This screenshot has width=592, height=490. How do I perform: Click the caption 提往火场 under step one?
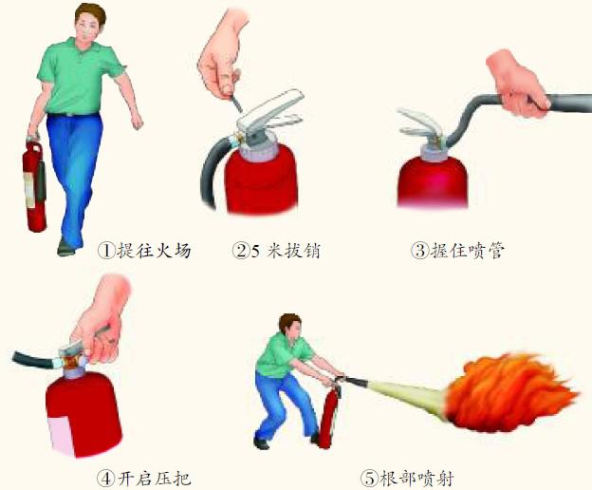(154, 250)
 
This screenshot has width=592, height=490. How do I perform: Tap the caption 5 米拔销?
(286, 251)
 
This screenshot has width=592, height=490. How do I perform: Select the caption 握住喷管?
(468, 250)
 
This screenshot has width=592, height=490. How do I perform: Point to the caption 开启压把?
(154, 479)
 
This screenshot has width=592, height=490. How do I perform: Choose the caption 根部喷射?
(416, 479)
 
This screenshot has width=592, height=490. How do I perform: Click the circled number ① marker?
(106, 251)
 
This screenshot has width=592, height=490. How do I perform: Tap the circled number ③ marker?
(420, 250)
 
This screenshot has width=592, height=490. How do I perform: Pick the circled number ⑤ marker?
(369, 479)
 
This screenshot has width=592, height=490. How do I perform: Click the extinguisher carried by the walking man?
(35, 185)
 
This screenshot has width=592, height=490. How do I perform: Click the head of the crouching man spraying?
(291, 326)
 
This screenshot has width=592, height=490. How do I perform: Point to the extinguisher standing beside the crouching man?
(329, 414)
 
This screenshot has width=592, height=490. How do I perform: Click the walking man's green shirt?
(80, 76)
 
